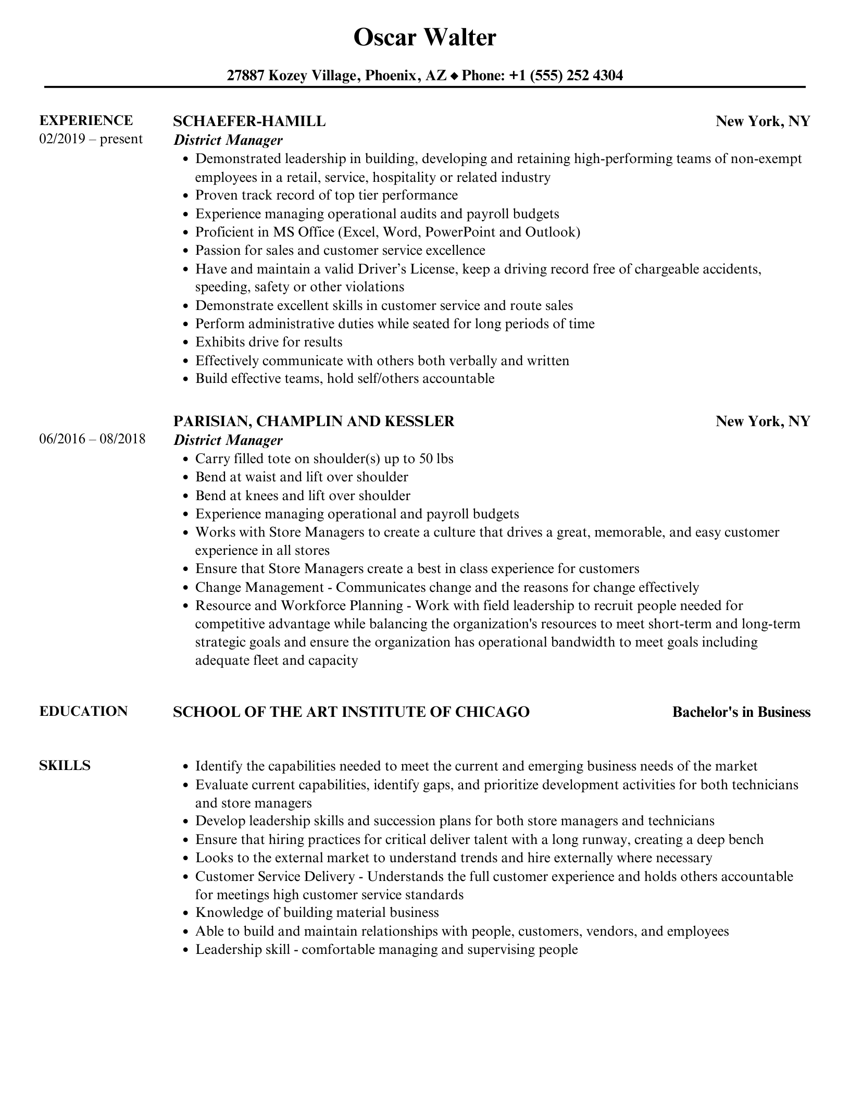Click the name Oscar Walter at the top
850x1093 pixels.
click(x=424, y=38)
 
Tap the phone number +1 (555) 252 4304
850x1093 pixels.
click(x=566, y=76)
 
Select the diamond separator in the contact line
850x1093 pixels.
click(x=454, y=77)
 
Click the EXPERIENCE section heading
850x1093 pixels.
click(x=86, y=120)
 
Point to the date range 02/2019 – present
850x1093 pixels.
click(x=91, y=139)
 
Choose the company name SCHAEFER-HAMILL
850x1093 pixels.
click(x=249, y=121)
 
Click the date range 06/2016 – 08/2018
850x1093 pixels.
click(x=92, y=439)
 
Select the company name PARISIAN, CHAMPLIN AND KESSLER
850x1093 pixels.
click(x=314, y=421)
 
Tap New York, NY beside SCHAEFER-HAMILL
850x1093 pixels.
click(x=763, y=121)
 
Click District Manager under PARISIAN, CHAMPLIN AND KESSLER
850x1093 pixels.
click(x=228, y=440)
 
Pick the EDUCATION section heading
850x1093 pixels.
click(x=83, y=711)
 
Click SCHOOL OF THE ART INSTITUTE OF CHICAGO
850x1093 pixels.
click(x=351, y=712)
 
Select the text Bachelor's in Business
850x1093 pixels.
click(x=741, y=712)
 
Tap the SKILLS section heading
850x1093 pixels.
click(x=65, y=765)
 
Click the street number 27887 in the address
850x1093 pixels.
click(x=246, y=76)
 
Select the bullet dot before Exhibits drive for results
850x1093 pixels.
click(x=186, y=343)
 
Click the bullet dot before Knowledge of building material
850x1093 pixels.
click(x=186, y=913)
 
